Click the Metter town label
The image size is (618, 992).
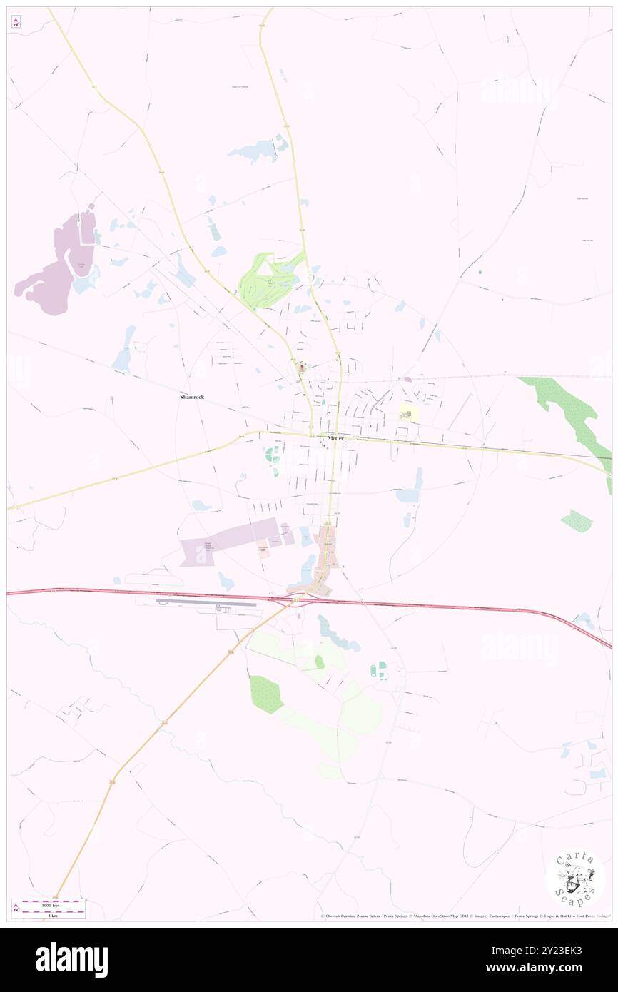[x=335, y=437]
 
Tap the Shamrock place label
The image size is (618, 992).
[x=191, y=396]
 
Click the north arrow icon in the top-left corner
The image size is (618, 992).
[x=16, y=21]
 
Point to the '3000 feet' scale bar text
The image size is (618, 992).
[x=49, y=905]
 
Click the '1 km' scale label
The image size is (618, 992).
[x=52, y=915]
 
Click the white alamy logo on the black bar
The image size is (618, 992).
[x=71, y=959]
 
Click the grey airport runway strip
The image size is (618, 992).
[x=206, y=603]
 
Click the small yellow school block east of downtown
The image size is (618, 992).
[x=409, y=413]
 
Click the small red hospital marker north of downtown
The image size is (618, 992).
[x=303, y=368]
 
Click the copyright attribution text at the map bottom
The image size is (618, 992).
[x=464, y=916]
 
